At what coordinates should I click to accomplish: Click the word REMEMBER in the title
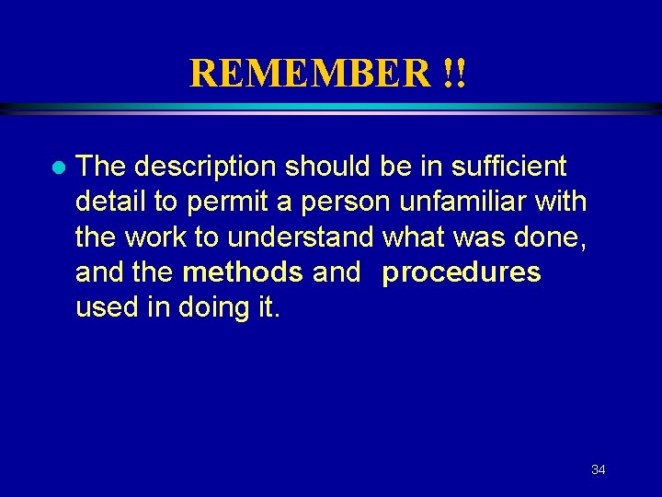coord(307,73)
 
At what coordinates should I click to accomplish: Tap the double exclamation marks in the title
coord(453,73)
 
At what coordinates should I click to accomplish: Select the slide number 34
coord(598,470)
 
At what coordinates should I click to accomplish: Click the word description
coord(206,167)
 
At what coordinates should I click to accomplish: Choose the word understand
coord(300,237)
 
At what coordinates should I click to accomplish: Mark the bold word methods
coord(243,272)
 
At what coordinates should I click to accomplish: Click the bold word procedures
coord(462,273)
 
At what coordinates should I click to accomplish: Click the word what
coord(414,237)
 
